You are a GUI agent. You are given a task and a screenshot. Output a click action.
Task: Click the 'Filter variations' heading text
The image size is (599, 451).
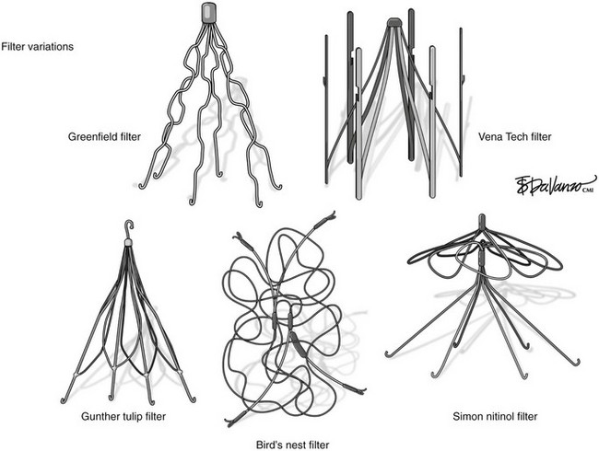[38, 47]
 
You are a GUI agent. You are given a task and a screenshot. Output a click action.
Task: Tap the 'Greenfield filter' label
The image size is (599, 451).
[104, 136]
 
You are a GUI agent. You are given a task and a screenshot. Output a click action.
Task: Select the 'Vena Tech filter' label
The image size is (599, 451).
[515, 136]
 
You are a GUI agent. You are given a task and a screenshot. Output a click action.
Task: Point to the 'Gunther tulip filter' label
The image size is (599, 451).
[123, 416]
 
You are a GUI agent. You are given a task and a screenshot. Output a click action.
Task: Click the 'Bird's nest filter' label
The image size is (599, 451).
[292, 445]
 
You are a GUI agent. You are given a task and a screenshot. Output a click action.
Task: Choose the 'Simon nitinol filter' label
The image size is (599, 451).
[495, 416]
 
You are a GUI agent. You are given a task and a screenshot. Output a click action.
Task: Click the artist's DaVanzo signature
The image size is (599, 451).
[555, 185]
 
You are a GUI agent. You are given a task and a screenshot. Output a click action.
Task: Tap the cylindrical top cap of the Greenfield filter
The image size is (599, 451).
[208, 12]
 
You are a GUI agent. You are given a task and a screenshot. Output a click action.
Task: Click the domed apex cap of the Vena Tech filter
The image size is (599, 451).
[393, 22]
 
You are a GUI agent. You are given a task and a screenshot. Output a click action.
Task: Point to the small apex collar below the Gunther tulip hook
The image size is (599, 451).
[128, 242]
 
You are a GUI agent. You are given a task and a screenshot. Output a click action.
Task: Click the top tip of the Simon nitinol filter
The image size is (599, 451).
[482, 215]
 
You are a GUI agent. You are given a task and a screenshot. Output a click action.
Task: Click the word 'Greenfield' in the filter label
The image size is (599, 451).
[90, 136]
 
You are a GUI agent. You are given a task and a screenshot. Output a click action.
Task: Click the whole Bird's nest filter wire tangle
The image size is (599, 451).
[295, 319]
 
